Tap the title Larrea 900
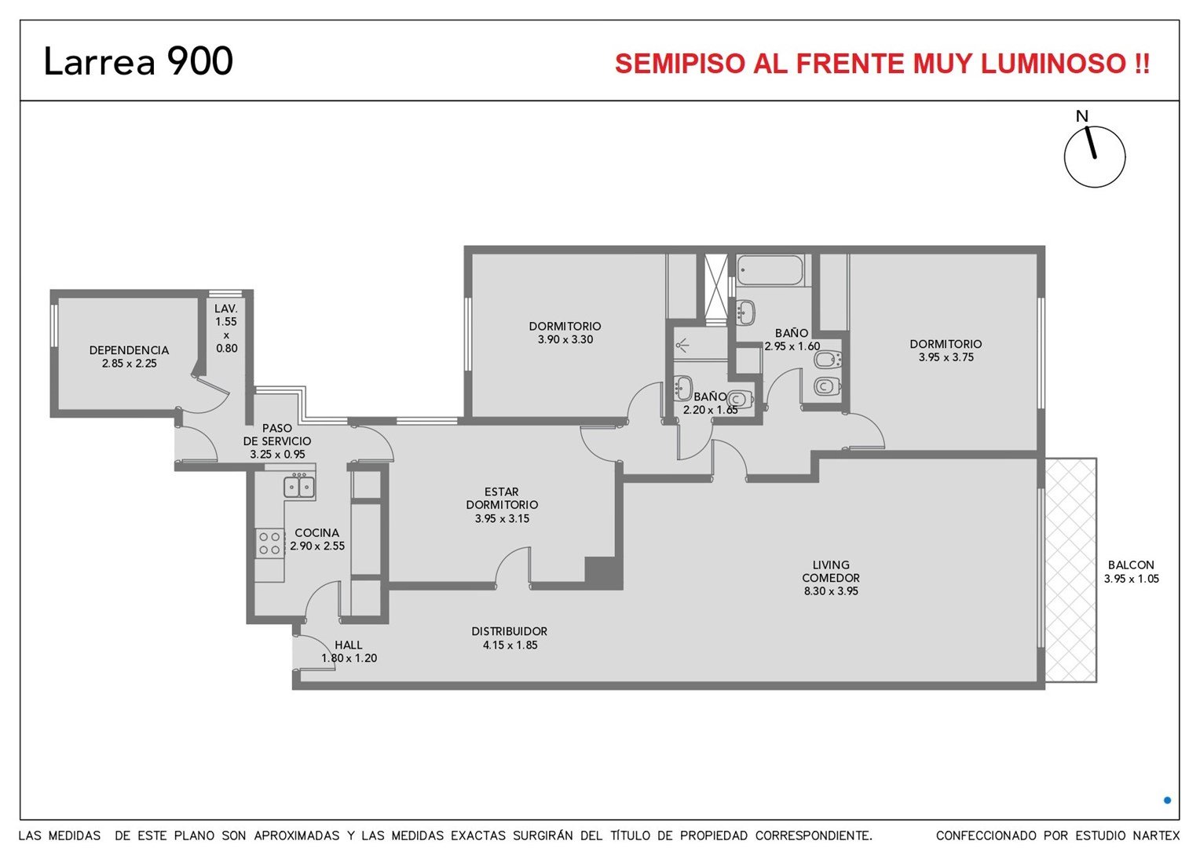pyautogui.click(x=138, y=60)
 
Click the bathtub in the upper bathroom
pyautogui.click(x=770, y=270)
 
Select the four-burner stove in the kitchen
pyautogui.click(x=269, y=543)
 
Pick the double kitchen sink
pyautogui.click(x=299, y=486)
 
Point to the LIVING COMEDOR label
pyautogui.click(x=831, y=571)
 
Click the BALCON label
pyautogui.click(x=1131, y=565)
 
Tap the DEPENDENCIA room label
pyautogui.click(x=129, y=350)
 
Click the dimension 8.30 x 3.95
pyautogui.click(x=831, y=591)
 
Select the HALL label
pyautogui.click(x=349, y=645)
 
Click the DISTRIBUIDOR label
pyautogui.click(x=510, y=631)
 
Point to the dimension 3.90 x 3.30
pyautogui.click(x=565, y=340)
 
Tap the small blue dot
pyautogui.click(x=1167, y=800)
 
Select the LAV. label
pyautogui.click(x=226, y=309)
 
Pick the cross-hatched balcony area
pyautogui.click(x=1070, y=570)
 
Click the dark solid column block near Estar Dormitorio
pyautogui.click(x=603, y=573)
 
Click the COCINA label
pyautogui.click(x=317, y=533)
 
